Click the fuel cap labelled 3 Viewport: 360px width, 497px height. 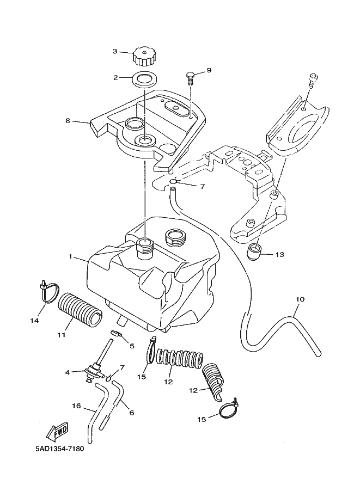coord(145,54)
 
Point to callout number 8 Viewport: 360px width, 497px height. coord(68,121)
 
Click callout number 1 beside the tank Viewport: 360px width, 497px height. coord(71,255)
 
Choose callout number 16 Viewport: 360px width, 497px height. coord(76,406)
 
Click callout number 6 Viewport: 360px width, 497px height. coord(131,413)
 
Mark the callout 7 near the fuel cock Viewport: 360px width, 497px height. coord(123,367)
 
